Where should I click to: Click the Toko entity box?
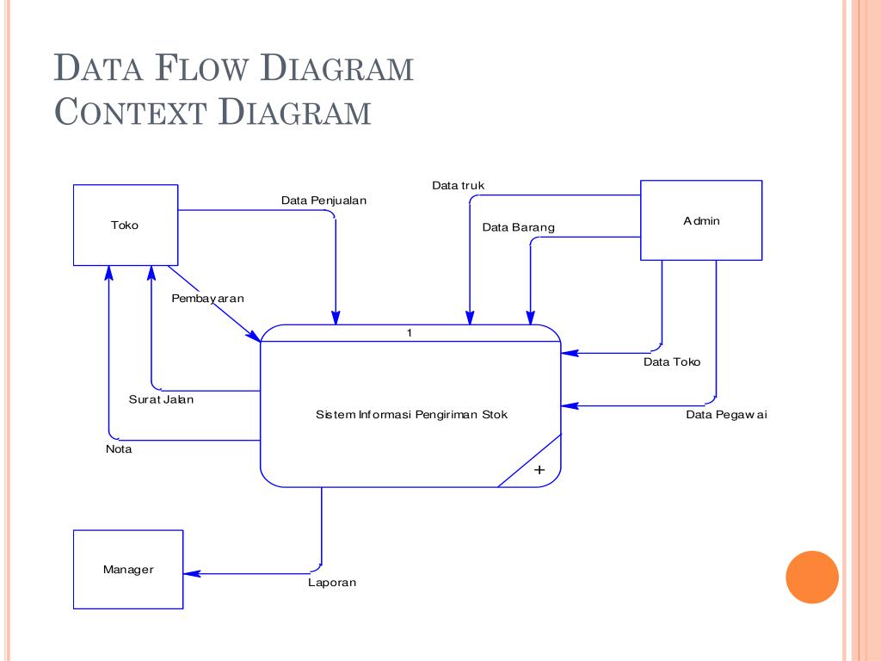point(126,225)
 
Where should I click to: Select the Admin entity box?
point(701,220)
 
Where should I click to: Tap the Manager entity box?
point(127,570)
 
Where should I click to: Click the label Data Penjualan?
point(323,201)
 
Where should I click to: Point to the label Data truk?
point(459,185)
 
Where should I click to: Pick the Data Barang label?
point(518,227)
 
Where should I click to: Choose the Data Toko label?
point(672,361)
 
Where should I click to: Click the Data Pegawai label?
point(726,415)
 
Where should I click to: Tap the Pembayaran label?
point(208,299)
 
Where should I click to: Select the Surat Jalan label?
point(161,399)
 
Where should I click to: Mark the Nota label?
point(119,449)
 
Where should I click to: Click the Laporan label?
point(332,583)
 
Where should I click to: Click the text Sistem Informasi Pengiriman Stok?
point(411,415)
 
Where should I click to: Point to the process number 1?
point(410,332)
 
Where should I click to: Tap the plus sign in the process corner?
point(539,470)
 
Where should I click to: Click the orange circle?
point(811,577)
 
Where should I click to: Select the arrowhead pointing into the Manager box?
point(192,573)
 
